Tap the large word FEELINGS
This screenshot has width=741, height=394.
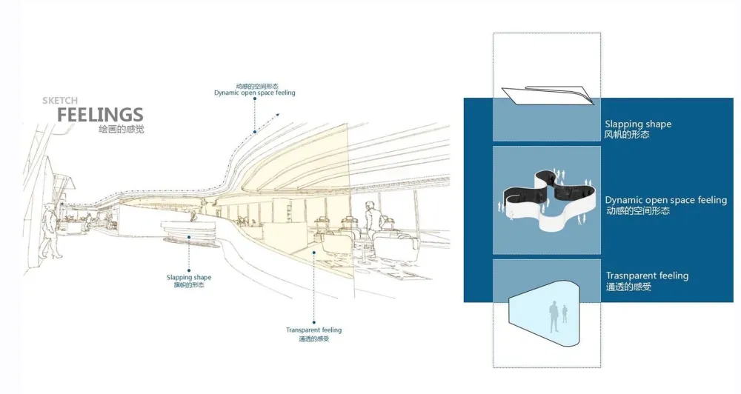tap(100, 115)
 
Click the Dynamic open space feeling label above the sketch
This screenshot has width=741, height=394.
tap(254, 93)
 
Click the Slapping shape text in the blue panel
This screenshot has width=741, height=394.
tap(638, 124)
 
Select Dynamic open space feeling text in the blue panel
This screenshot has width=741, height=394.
tap(665, 200)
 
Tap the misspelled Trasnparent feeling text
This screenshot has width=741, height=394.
tap(647, 276)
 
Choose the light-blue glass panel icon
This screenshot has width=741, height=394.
tap(542, 313)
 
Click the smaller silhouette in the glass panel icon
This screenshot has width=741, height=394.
tap(565, 314)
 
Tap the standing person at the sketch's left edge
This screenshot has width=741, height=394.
tap(48, 230)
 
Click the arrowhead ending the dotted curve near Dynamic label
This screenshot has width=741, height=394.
tap(278, 115)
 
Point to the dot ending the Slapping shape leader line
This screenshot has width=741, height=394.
tap(189, 238)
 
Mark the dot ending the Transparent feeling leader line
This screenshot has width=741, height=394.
tap(313, 252)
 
